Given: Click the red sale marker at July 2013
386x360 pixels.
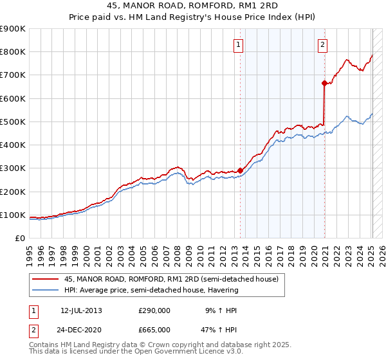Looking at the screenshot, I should click(x=240, y=170).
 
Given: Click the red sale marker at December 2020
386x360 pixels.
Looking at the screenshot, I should click(x=324, y=82).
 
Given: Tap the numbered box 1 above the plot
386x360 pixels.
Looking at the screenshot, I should click(x=238, y=45).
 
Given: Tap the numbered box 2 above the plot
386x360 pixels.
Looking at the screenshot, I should click(x=322, y=45).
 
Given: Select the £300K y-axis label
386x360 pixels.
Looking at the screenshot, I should click(x=13, y=168).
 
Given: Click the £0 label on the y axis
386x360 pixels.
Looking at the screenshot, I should click(x=20, y=239).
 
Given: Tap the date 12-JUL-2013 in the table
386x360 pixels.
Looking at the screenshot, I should click(x=81, y=310).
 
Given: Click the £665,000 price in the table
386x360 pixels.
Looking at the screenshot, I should click(x=154, y=329).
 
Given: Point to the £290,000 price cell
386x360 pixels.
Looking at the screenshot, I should click(x=154, y=310).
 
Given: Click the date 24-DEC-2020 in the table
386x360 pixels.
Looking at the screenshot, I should click(x=81, y=329).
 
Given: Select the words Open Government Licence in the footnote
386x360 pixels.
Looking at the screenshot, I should click(x=170, y=352).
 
